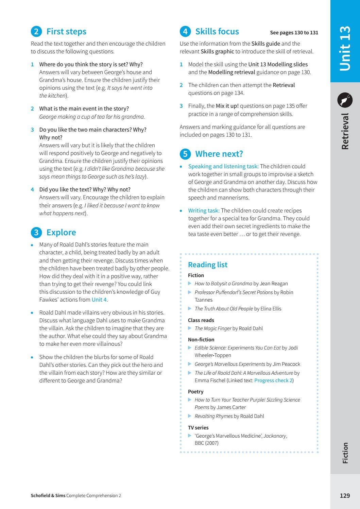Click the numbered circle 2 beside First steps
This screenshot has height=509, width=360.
pos(36,32)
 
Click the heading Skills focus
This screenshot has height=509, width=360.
pos(217,32)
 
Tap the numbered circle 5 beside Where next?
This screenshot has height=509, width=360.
pos(185,154)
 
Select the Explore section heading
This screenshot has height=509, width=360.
pos(61,233)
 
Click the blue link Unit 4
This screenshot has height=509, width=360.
pos(99,300)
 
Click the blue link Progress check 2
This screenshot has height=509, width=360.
pos(273,380)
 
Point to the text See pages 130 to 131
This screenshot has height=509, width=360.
pos(294,33)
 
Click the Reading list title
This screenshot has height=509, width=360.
pos(208,265)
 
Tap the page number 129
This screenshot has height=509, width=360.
pos(345,495)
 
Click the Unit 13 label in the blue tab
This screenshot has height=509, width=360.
pos(345,48)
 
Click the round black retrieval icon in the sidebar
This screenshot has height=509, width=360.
pos(345,100)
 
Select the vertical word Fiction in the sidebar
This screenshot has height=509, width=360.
pos(345,453)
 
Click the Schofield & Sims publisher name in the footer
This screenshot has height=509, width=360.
pos(48,495)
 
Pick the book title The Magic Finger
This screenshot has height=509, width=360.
pos(213,328)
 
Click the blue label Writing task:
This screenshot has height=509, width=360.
pos(204,211)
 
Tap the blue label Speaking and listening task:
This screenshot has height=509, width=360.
pos(223,167)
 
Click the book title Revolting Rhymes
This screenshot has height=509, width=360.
pos(213,416)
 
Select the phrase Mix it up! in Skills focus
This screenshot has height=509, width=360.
pos(227,106)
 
